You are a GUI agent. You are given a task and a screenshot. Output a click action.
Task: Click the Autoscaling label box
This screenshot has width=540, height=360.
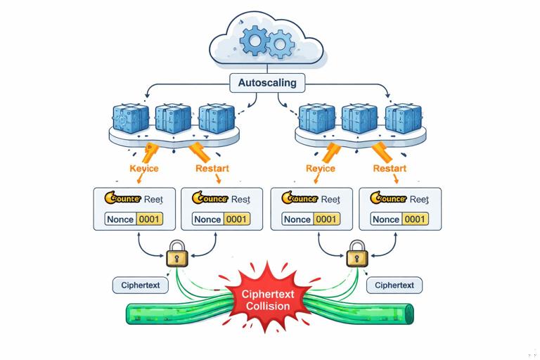click(267, 83)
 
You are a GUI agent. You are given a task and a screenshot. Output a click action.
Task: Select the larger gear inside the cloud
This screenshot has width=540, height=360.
click(252, 41)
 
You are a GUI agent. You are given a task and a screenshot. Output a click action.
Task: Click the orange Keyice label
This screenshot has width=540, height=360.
click(144, 169)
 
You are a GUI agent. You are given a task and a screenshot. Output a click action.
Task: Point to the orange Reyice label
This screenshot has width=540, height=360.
click(321, 169)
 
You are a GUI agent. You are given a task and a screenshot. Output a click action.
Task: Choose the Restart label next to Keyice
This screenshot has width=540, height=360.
click(212, 169)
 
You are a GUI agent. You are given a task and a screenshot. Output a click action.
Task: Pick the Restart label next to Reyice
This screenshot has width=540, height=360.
click(390, 169)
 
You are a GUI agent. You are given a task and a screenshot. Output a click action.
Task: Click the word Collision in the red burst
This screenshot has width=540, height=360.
click(267, 306)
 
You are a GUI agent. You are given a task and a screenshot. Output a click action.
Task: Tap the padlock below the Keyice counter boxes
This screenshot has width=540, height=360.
click(176, 252)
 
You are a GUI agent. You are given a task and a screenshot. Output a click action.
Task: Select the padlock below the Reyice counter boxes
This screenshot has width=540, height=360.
click(356, 252)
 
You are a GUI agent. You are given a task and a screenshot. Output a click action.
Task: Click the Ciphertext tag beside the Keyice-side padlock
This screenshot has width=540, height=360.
click(141, 285)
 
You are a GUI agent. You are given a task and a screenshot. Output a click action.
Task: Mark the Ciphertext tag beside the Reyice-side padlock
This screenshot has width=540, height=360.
click(394, 285)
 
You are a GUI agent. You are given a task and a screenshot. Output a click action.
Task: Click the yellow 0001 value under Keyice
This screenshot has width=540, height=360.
click(149, 219)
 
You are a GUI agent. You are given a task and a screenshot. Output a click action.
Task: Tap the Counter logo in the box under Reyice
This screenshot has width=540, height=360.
click(304, 199)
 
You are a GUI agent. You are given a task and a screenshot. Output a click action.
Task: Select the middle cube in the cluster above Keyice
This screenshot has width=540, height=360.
click(173, 117)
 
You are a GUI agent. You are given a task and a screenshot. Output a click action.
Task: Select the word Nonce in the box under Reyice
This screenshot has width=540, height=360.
click(297, 219)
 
